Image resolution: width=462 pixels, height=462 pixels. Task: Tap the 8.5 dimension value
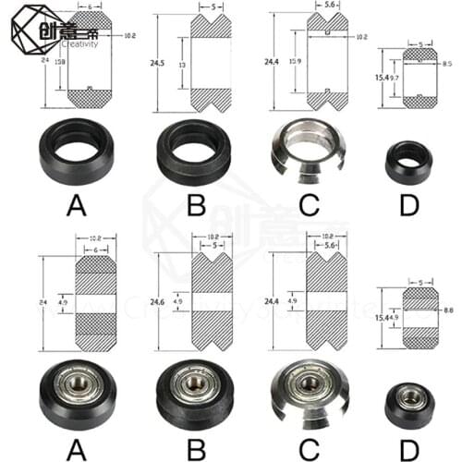point(447,64)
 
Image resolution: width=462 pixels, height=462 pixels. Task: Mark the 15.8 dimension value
point(61,63)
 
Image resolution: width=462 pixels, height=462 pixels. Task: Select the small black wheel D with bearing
point(407,400)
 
